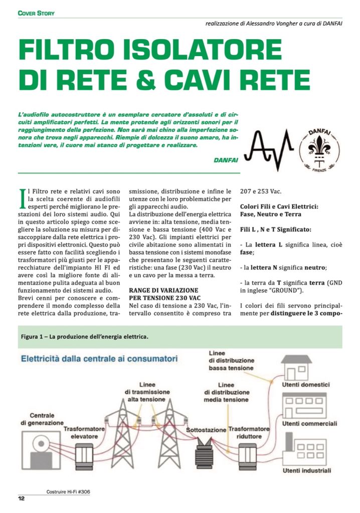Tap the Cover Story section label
[x=36, y=13]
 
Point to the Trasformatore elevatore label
[x=84, y=433]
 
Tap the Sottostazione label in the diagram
[x=206, y=430]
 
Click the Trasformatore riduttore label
[x=249, y=433]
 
